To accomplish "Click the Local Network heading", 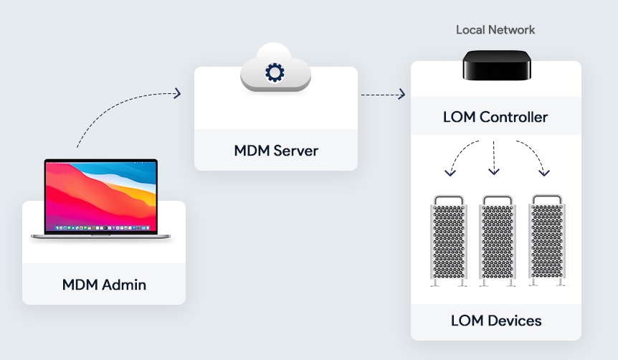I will [x=495, y=30].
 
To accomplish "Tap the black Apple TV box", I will [x=496, y=65].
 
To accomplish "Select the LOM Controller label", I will [x=495, y=117].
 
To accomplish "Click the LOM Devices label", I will [x=495, y=320].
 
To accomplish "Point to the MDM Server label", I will [x=276, y=151].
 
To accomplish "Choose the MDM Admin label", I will [x=104, y=285].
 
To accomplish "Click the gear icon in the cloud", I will [x=275, y=73].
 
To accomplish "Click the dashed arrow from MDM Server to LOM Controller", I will [x=383, y=94].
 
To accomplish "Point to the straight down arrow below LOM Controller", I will [x=494, y=158].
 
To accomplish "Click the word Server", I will [x=295, y=151].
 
